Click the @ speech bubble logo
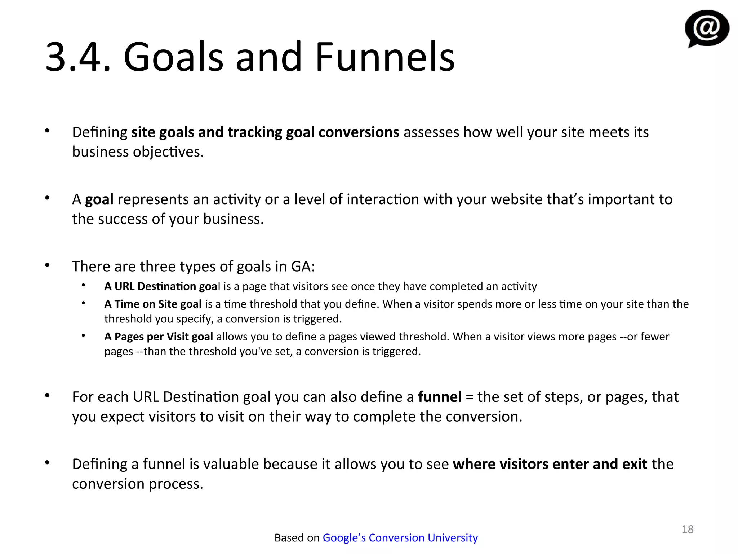coord(707,28)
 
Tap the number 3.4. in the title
coord(77,57)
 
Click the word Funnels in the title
coord(384,57)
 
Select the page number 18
coord(687,529)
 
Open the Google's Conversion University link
coord(400,537)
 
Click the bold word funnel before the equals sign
coord(439,397)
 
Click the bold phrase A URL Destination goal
coord(161,286)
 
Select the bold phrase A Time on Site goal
coord(153,304)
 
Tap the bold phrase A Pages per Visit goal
coord(159,337)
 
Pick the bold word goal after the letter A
coord(99,199)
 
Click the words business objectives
coord(138,152)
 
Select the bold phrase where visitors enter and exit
coord(550,464)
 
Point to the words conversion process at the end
coord(138,484)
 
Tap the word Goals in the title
coord(173,57)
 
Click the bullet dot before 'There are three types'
coord(47,265)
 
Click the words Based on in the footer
coord(297,537)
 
